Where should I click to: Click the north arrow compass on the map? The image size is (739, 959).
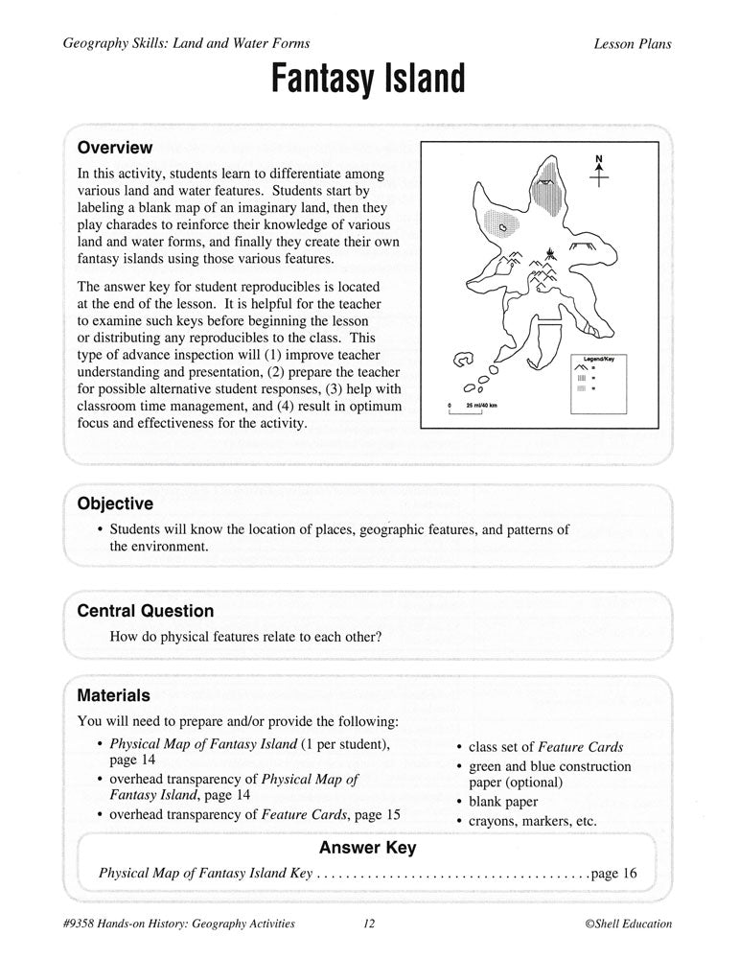point(599,171)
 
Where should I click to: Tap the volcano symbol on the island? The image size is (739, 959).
point(549,253)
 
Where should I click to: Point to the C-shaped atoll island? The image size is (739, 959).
point(464,362)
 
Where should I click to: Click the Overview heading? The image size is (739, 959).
point(114,148)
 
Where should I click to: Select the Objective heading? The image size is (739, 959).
point(114,503)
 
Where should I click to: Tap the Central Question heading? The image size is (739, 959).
point(145,611)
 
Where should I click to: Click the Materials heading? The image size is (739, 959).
point(113,695)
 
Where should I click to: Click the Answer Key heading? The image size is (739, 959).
point(367,848)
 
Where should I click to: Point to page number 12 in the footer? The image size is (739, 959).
point(369,924)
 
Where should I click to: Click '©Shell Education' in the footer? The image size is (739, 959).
point(628,924)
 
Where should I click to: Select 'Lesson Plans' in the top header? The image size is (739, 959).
point(633,44)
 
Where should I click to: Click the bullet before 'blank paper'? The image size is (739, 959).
point(460,802)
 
